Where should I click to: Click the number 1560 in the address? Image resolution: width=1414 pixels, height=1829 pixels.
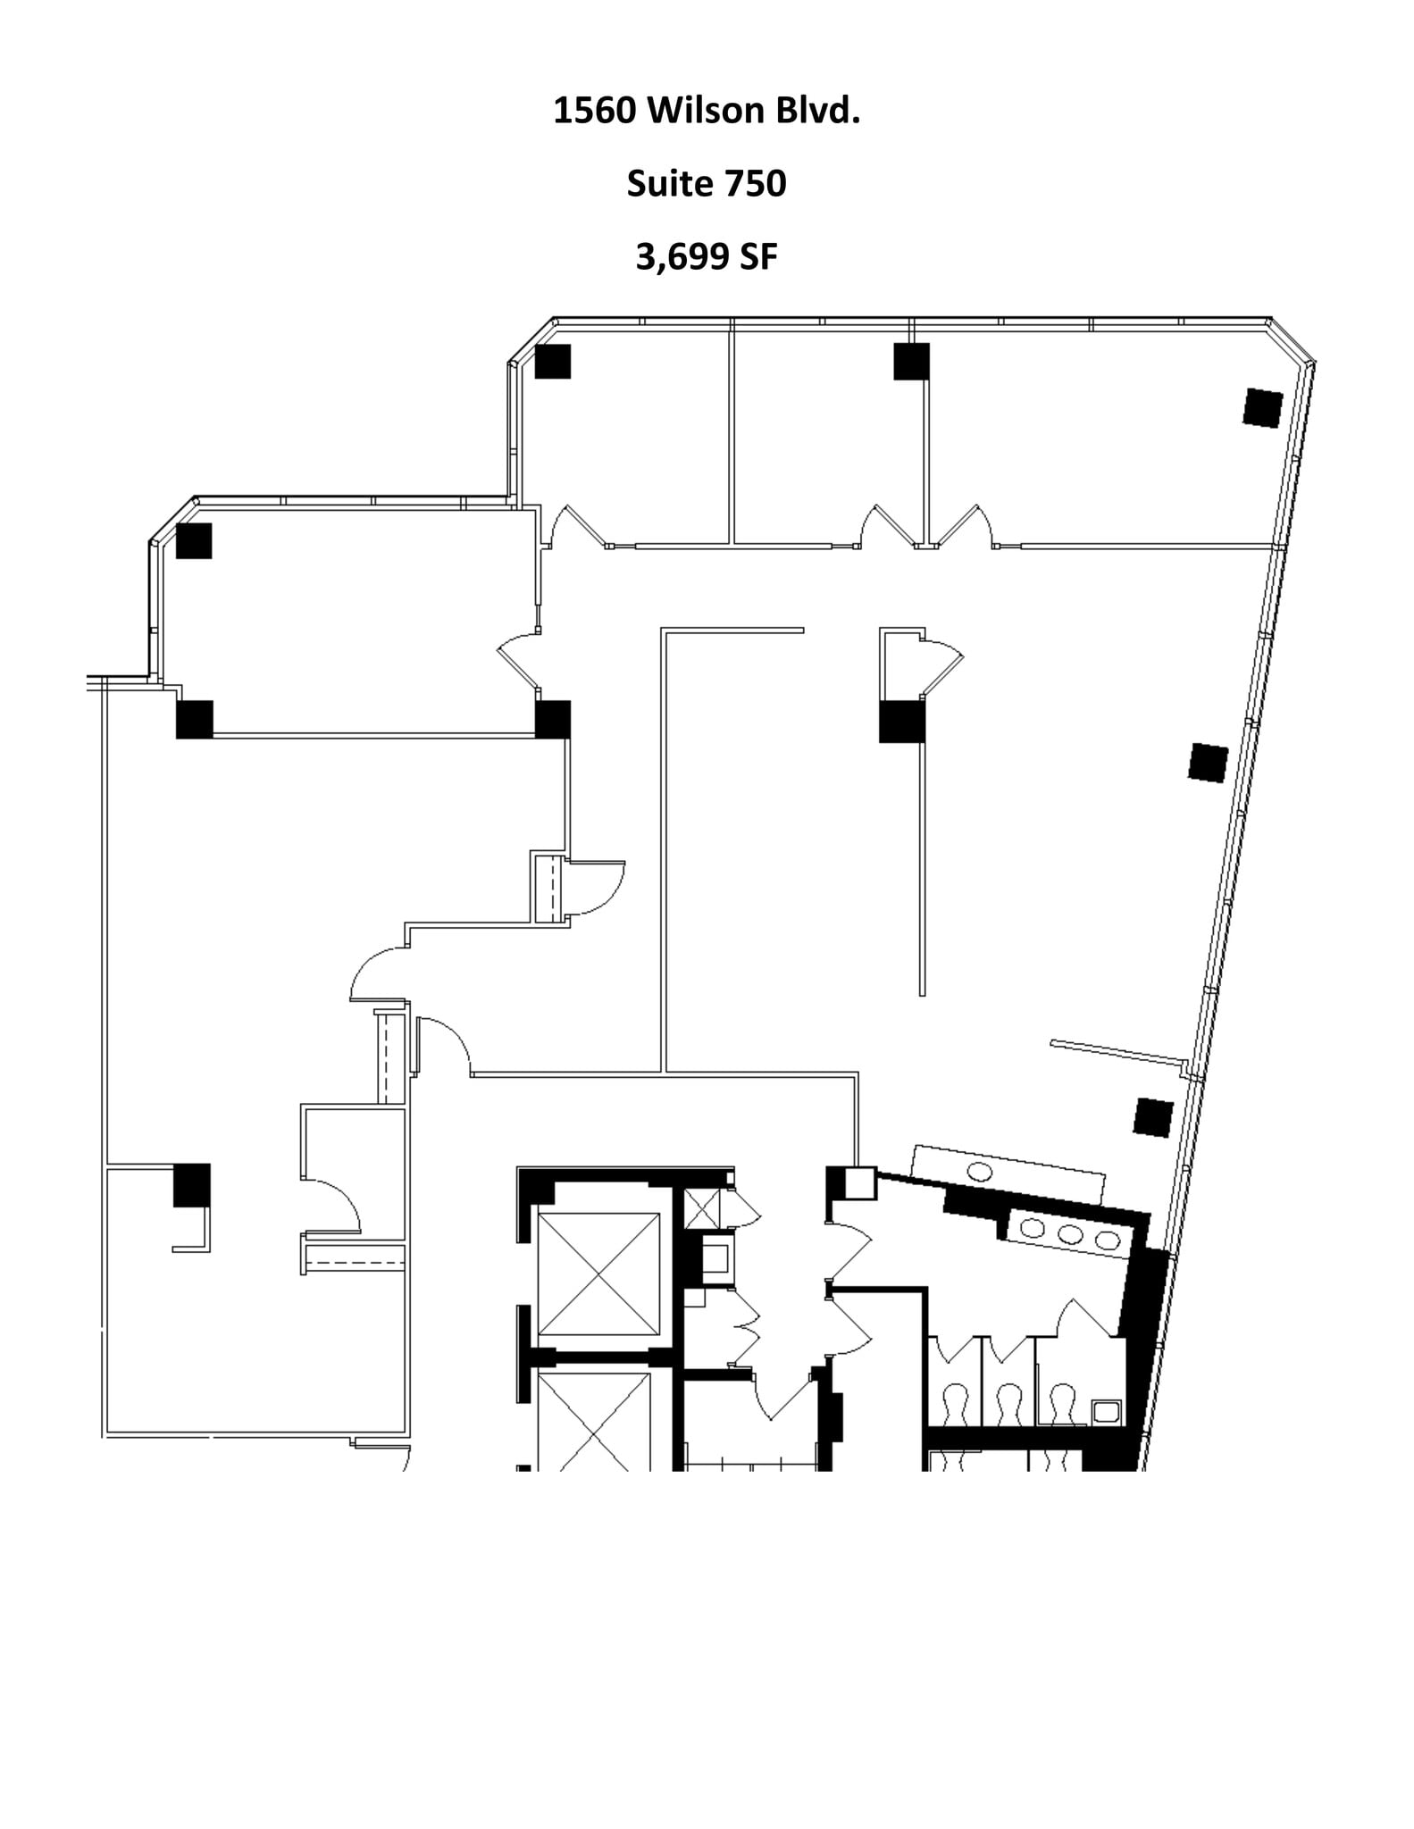(595, 112)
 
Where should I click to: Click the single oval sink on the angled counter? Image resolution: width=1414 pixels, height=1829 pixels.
(980, 1172)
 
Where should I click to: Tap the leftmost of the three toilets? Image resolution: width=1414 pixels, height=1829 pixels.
(956, 1403)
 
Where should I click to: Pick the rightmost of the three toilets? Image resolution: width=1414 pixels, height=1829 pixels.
(1062, 1403)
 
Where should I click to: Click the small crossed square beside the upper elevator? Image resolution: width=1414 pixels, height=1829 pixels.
(701, 1209)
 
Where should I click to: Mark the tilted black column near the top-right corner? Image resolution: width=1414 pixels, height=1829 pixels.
(1263, 408)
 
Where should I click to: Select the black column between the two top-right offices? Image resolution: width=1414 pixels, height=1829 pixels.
(911, 362)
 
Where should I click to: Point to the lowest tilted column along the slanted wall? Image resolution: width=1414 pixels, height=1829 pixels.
(1153, 1117)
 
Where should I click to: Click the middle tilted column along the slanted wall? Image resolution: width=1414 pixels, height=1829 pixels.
(1208, 763)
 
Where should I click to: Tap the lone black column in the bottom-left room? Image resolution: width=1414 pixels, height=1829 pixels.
(191, 1184)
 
